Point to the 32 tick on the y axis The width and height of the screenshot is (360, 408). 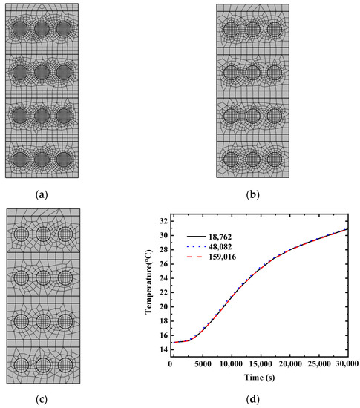pyautogui.click(x=162, y=220)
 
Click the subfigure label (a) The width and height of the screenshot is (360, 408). pyautogui.click(x=42, y=195)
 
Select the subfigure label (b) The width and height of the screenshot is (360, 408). pyautogui.click(x=252, y=195)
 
